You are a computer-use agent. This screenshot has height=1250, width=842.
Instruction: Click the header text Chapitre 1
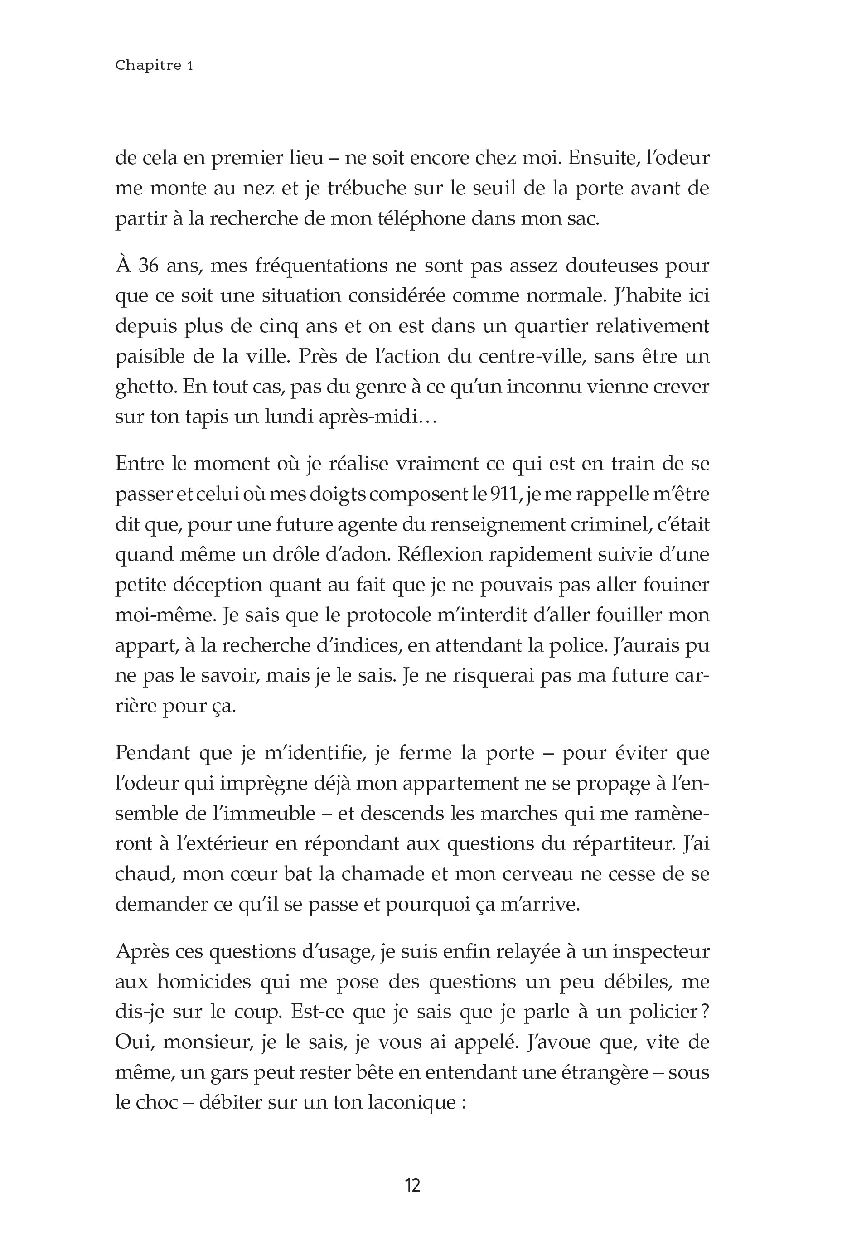(154, 66)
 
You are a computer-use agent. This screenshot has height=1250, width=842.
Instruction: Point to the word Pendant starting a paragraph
(152, 753)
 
